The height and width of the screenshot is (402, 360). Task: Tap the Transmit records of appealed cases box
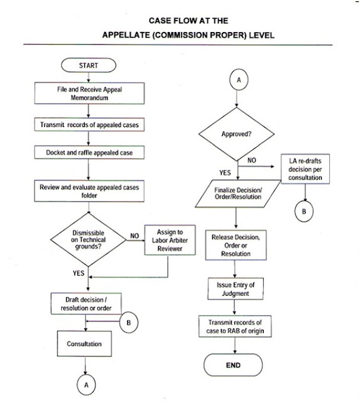(x=89, y=125)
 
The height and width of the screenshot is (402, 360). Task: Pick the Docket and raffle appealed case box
(x=89, y=153)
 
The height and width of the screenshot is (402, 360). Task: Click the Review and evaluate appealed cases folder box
(x=89, y=190)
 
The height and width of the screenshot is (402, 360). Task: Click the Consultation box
(x=89, y=344)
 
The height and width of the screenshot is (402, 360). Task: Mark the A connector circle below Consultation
(x=89, y=383)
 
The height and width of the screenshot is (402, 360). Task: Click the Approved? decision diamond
(x=236, y=134)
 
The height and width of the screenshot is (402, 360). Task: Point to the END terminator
(x=236, y=364)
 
